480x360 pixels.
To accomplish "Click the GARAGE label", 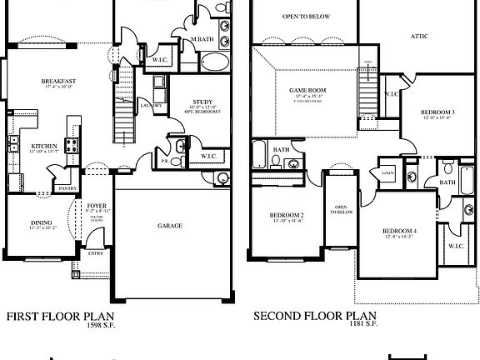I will coord(170,225).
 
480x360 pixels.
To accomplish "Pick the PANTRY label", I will coord(67,188).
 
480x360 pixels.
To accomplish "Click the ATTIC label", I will coord(420,36).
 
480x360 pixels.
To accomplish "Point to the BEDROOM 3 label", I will coord(437,111).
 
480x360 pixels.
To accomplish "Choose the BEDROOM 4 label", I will coord(399,231).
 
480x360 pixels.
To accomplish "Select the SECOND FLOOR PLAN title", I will coord(314,317).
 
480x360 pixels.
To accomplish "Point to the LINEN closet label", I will coord(387,173).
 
